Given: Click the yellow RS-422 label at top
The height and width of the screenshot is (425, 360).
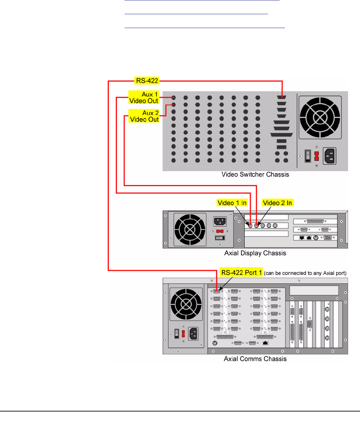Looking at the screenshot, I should point(147,81).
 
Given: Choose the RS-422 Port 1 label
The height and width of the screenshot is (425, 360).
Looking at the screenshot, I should point(241,273).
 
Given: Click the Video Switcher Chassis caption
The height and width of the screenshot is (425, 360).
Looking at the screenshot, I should point(255,175).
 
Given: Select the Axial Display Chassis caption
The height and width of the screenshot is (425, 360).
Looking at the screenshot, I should point(255,253).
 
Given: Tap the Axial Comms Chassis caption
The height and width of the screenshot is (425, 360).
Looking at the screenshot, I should point(255,359).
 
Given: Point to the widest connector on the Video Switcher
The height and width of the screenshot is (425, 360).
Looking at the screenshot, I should point(282,134).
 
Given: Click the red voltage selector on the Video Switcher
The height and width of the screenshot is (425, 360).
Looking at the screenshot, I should point(317,156).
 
